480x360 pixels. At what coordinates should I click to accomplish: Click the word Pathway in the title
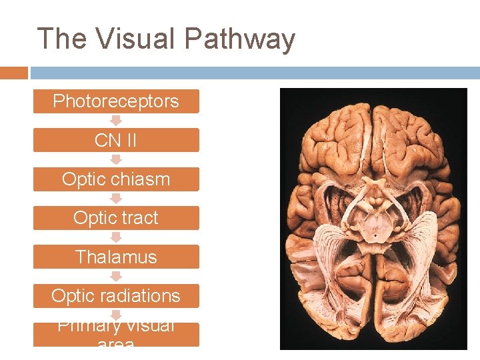239,40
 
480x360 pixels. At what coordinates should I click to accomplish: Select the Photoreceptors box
116,101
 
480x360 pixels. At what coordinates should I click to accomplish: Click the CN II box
116,140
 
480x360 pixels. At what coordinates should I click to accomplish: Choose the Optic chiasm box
116,179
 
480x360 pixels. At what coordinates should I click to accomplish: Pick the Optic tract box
116,218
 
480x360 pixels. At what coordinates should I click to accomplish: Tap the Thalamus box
116,257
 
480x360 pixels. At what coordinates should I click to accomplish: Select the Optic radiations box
116,295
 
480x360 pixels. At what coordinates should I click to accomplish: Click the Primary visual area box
116,334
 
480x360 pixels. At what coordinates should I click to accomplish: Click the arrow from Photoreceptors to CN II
116,121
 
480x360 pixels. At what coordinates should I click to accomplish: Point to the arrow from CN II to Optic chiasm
116,160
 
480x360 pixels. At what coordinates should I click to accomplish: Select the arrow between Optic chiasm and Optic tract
116,199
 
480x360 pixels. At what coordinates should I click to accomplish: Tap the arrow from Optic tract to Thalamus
116,237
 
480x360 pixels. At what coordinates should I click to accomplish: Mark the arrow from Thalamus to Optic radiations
116,276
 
